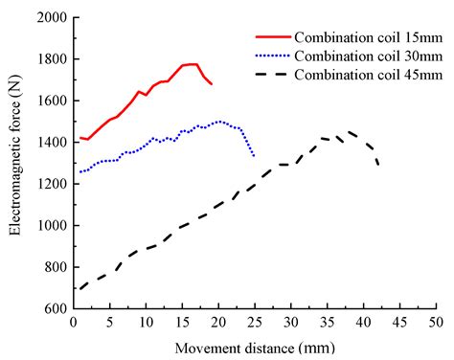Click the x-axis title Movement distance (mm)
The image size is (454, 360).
254,346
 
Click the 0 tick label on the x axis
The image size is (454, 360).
74,323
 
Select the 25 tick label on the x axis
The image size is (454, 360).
254,323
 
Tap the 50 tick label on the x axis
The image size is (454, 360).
434,323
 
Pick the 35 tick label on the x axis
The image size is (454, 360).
326,323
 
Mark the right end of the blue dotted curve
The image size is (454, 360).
254,156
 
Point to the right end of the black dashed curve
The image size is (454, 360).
377,164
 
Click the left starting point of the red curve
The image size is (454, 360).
81,138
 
